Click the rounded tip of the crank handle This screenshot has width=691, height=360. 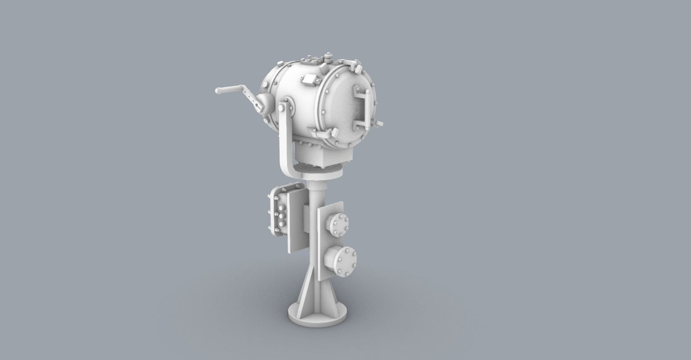click(x=218, y=91)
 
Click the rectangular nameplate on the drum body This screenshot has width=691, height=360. click(x=308, y=81)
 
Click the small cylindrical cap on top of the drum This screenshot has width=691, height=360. click(x=329, y=57)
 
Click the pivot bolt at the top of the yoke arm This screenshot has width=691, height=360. click(x=283, y=108)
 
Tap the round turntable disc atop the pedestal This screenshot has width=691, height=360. click(x=323, y=171)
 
